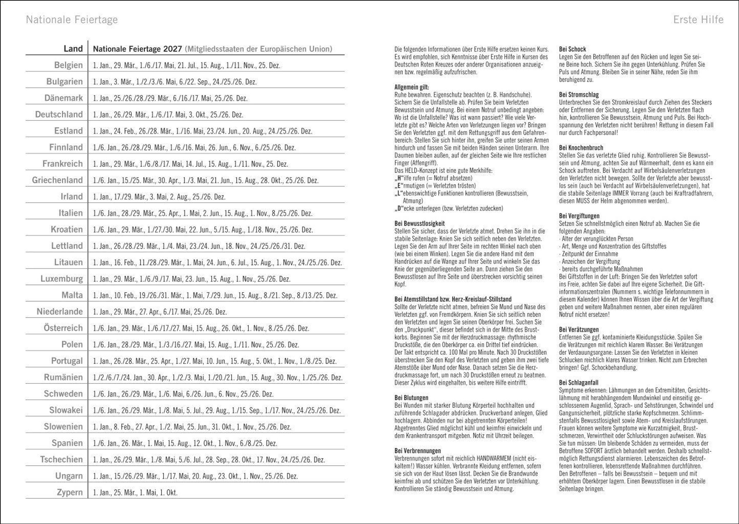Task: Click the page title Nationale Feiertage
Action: point(72,20)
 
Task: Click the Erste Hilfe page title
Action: point(698,20)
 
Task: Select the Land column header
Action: point(73,49)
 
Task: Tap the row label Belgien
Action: point(68,65)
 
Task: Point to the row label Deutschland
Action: point(59,114)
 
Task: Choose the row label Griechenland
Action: point(57,180)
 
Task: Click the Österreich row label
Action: point(63,328)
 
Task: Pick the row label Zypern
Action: point(70,492)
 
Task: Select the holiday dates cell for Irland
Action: point(159,197)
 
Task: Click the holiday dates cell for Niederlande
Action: point(160,312)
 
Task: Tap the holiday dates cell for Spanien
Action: point(185,443)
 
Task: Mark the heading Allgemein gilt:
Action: point(411,87)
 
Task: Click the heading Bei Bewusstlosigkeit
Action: point(419,223)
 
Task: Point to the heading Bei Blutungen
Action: point(411,398)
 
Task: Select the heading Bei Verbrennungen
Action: point(417,451)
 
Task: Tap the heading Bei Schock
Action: point(572,49)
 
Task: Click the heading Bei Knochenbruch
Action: point(581,148)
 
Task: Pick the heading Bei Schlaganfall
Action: point(579,383)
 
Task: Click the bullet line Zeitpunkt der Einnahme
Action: point(589,254)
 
